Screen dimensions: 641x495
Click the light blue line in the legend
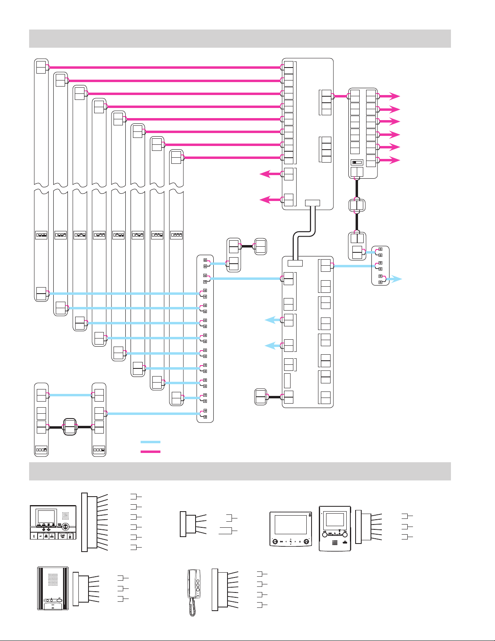[x=150, y=442]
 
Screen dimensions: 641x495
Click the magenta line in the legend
[x=150, y=451]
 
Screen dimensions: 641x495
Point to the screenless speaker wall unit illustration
[x=53, y=588]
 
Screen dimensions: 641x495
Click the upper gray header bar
[x=240, y=38]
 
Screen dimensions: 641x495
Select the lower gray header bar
[x=240, y=471]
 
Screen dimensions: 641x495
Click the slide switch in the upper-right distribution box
[x=357, y=162]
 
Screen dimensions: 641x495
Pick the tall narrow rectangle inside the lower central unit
[x=287, y=381]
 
